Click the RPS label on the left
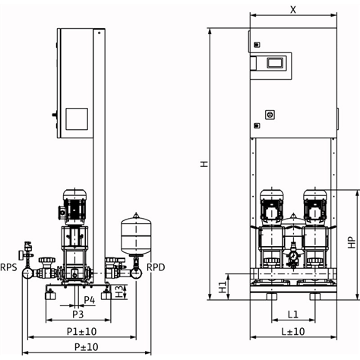pyautogui.click(x=8, y=267)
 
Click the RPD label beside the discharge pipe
pyautogui.click(x=156, y=267)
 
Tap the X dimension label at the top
pyautogui.click(x=293, y=10)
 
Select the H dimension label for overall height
pyautogui.click(x=204, y=164)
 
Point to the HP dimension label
pyautogui.click(x=352, y=242)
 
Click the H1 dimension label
pyautogui.click(x=223, y=287)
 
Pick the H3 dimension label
pyautogui.click(x=119, y=292)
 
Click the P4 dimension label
pyautogui.click(x=90, y=300)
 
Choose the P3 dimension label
pyautogui.click(x=78, y=314)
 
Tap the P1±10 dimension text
pyautogui.click(x=81, y=331)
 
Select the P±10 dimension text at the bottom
pyautogui.click(x=86, y=347)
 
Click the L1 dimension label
pyautogui.click(x=293, y=314)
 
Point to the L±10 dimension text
pyautogui.click(x=293, y=331)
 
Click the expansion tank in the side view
pyautogui.click(x=136, y=234)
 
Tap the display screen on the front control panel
pyautogui.click(x=275, y=63)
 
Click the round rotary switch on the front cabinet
pyautogui.click(x=270, y=115)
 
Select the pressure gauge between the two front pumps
pyautogui.click(x=293, y=256)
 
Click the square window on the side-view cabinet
pyautogui.click(x=77, y=119)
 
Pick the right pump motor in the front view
pyautogui.click(x=315, y=207)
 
